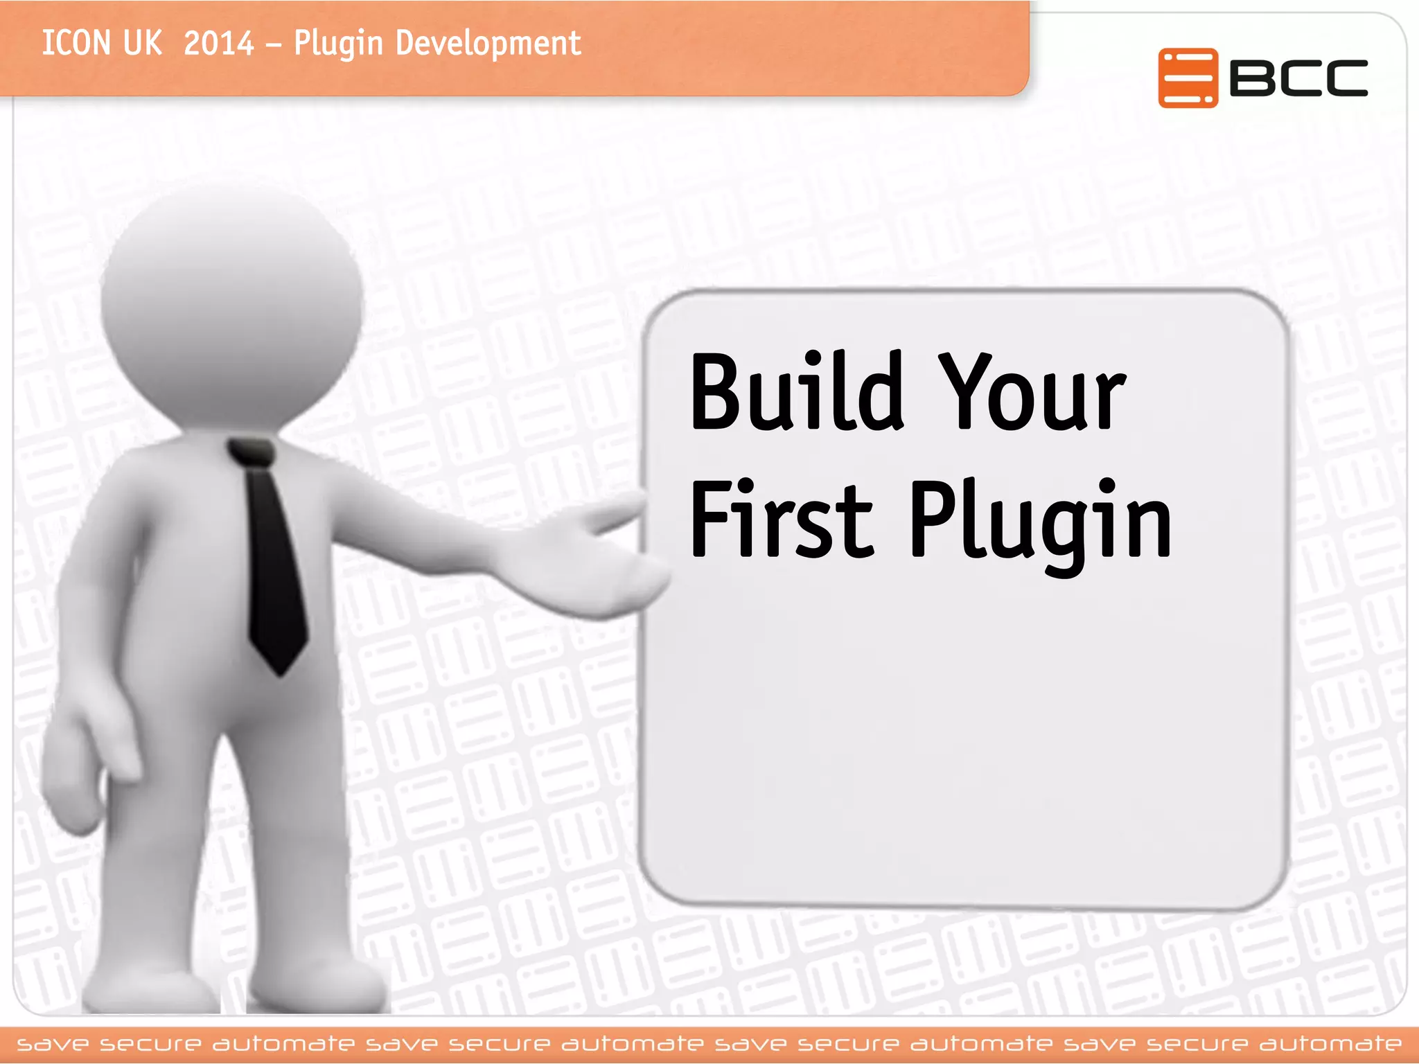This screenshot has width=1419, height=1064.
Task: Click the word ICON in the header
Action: click(x=76, y=44)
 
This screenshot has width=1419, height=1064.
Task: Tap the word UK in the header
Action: click(x=142, y=44)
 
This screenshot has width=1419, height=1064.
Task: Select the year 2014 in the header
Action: click(x=219, y=44)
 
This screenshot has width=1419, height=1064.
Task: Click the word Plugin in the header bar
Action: click(x=338, y=44)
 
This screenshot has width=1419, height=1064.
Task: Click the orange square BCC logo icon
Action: click(x=1187, y=78)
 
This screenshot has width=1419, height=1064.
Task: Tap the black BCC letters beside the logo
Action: click(x=1298, y=78)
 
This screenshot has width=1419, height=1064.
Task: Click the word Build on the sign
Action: click(x=797, y=391)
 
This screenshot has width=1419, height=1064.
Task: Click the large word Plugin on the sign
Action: click(x=1039, y=523)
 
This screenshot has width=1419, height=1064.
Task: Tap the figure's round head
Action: click(x=232, y=305)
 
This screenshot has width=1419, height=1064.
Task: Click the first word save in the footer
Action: click(x=53, y=1044)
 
